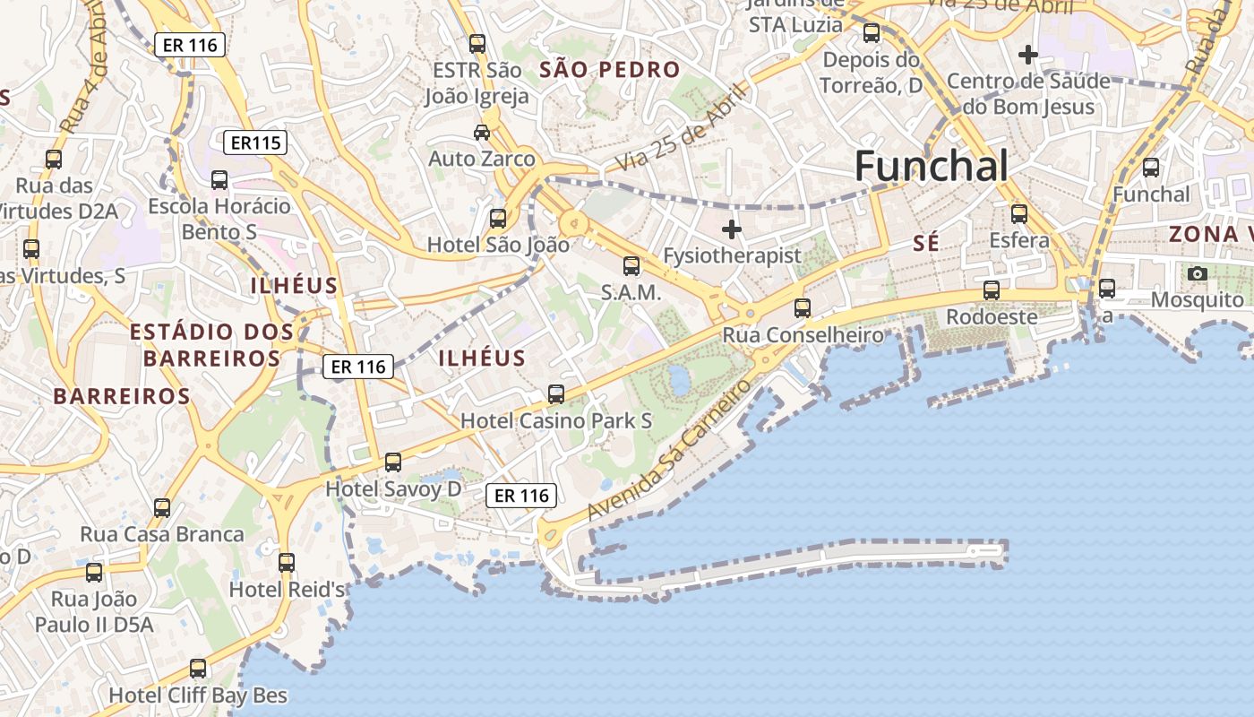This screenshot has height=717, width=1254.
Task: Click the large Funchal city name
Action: tap(932, 167)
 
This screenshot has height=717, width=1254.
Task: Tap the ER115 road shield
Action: tap(255, 142)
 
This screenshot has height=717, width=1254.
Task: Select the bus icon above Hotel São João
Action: tap(497, 218)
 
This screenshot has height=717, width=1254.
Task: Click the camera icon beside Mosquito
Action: tap(1198, 273)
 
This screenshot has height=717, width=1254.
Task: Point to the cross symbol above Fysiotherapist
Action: tap(732, 229)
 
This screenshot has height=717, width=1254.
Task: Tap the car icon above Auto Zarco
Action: tap(482, 133)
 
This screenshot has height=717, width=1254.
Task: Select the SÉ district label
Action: tap(926, 242)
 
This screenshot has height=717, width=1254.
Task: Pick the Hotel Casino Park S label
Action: tap(556, 420)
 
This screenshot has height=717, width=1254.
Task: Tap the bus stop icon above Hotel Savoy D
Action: tap(393, 462)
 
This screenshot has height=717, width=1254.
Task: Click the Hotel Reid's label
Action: tap(288, 589)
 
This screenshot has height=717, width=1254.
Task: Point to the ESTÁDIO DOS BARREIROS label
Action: tap(211, 345)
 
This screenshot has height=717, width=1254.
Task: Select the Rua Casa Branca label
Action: tap(162, 534)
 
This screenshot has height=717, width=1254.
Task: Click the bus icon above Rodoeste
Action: tap(992, 290)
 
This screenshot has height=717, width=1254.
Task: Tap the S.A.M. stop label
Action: tap(631, 292)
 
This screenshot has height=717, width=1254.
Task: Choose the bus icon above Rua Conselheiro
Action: tap(803, 308)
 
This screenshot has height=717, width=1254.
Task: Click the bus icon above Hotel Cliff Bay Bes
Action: tap(198, 669)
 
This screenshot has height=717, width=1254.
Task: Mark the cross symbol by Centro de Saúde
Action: tap(1028, 56)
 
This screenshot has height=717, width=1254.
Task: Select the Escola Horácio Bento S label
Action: tap(219, 219)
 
